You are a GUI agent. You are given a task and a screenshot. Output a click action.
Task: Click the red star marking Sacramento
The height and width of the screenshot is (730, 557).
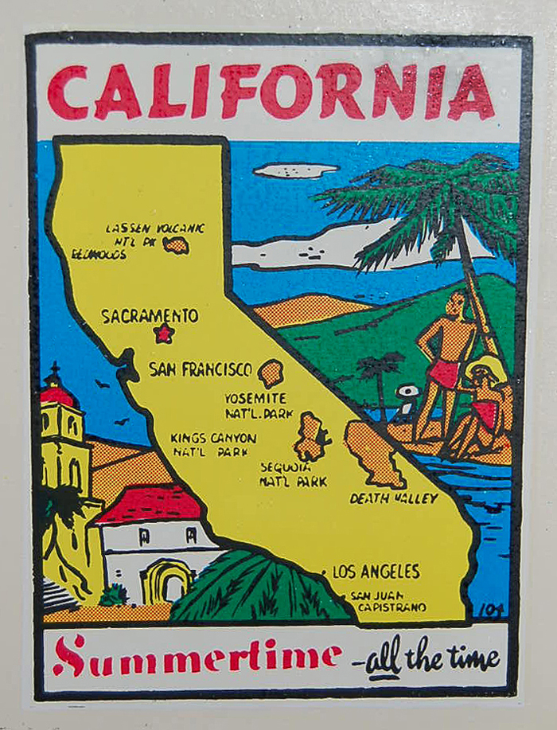coord(164,333)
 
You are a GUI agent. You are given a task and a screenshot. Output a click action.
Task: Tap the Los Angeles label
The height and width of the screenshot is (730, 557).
coord(376,572)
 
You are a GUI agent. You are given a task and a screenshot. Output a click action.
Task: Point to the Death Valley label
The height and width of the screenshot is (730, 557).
coord(394,498)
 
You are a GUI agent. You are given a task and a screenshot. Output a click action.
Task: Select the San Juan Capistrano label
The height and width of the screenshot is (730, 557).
coord(387,601)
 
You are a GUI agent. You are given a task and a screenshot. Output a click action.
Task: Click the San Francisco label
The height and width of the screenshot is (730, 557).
coord(200,369)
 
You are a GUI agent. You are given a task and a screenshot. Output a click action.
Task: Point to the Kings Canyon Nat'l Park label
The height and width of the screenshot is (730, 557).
coord(213,444)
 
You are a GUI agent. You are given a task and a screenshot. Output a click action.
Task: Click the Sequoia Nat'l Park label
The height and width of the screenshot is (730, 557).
coord(292,474)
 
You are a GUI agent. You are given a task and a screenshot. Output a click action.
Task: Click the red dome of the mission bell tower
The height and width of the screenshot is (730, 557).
coord(58,394)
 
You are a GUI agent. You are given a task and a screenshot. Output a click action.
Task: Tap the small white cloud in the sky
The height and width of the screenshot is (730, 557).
coord(295,170)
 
